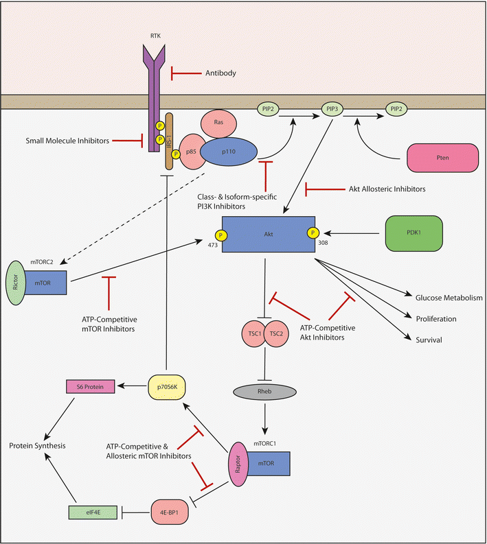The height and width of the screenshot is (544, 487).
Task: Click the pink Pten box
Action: coord(441,158)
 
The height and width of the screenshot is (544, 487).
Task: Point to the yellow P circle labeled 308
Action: coord(314,233)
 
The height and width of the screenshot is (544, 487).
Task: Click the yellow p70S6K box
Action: coord(168,387)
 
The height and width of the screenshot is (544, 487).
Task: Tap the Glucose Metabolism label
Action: coord(449,298)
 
